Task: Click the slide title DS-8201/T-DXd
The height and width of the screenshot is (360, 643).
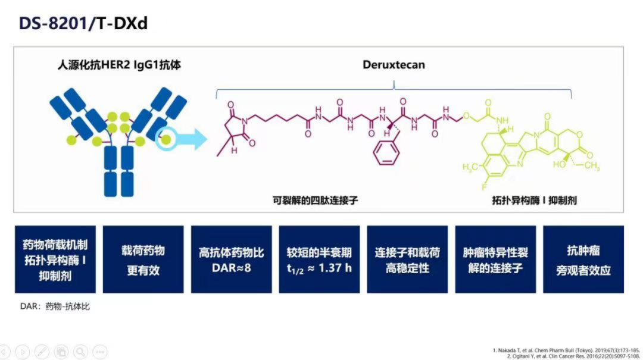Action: pyautogui.click(x=83, y=23)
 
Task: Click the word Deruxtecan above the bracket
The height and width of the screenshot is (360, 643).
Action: pyautogui.click(x=394, y=65)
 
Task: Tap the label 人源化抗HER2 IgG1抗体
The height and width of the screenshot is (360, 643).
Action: pyautogui.click(x=119, y=65)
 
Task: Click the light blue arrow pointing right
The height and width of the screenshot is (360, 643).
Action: pyautogui.click(x=192, y=139)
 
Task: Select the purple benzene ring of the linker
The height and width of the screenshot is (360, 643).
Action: pyautogui.click(x=386, y=153)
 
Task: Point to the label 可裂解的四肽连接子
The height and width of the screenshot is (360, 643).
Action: pyautogui.click(x=316, y=200)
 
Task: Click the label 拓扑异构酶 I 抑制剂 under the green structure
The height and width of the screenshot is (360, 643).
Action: pyautogui.click(x=534, y=200)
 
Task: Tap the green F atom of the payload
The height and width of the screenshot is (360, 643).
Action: pyautogui.click(x=484, y=187)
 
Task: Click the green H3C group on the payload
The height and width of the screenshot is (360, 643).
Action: pyautogui.click(x=470, y=167)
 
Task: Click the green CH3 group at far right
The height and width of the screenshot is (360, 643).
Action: pyautogui.click(x=592, y=166)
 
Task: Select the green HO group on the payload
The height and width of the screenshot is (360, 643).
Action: pyautogui.click(x=559, y=164)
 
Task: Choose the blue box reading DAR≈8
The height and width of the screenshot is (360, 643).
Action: pyautogui.click(x=231, y=259)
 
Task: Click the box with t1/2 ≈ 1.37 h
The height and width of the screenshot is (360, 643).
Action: pyautogui.click(x=319, y=259)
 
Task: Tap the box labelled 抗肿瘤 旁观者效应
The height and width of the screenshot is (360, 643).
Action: pyautogui.click(x=583, y=259)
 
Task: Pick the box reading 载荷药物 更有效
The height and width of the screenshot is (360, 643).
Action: pyautogui.click(x=143, y=259)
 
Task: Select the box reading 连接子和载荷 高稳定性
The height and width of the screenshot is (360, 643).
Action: pyautogui.click(x=407, y=259)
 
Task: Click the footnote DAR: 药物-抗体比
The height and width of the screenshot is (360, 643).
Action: pyautogui.click(x=55, y=306)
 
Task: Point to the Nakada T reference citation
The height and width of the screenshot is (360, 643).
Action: pyautogui.click(x=566, y=350)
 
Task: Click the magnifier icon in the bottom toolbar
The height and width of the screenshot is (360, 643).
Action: pyautogui.click(x=81, y=352)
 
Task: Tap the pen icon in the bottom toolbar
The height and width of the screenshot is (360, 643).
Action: pyautogui.click(x=42, y=352)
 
